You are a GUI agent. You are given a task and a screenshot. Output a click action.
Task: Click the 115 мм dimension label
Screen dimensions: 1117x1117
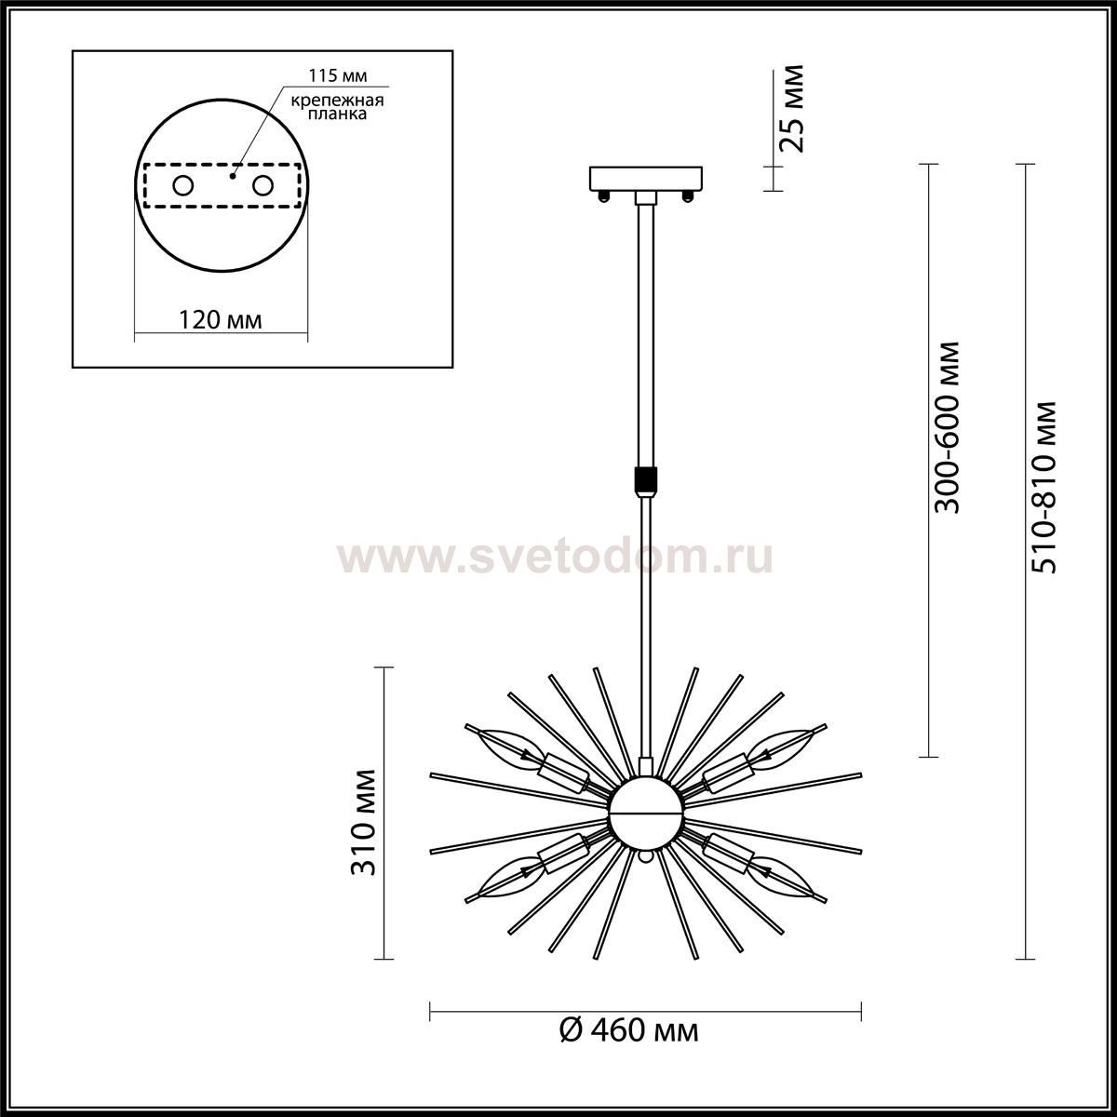point(337,76)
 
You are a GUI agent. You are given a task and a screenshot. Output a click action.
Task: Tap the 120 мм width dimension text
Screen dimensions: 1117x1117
point(221,319)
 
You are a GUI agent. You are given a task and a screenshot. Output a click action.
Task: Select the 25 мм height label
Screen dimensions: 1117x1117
point(790,108)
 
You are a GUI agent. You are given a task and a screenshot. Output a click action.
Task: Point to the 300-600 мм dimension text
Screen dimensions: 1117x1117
point(948,428)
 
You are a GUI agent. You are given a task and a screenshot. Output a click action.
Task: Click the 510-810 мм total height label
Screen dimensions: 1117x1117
point(1044,488)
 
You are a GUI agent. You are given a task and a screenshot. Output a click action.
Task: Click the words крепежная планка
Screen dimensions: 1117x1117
point(337,107)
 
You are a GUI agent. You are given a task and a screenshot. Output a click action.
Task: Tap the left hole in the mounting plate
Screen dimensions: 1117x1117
point(183,186)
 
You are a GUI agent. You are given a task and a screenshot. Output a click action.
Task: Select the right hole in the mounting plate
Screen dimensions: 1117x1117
point(262,186)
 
